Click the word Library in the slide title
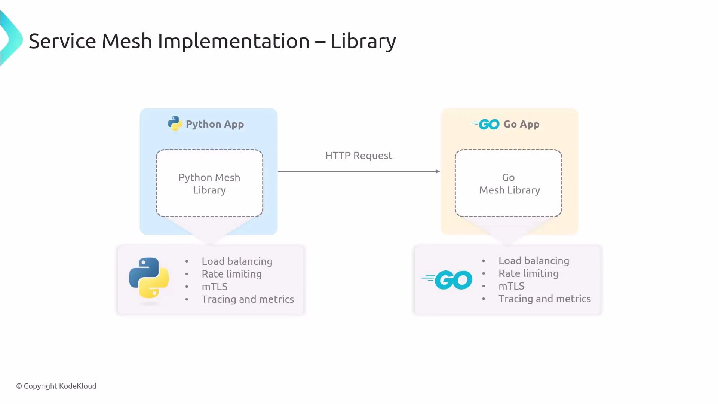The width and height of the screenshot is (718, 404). (363, 41)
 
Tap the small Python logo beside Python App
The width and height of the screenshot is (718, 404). (175, 124)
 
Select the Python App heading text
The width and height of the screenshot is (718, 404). (215, 124)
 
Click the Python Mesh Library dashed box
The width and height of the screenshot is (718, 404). (209, 183)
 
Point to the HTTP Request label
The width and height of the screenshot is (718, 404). (359, 156)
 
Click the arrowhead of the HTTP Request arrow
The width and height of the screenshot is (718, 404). (438, 171)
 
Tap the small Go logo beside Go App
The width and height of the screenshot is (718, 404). (486, 124)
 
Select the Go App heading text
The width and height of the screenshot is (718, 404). (521, 124)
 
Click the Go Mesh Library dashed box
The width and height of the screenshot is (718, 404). (509, 183)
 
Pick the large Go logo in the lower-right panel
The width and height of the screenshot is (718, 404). (448, 280)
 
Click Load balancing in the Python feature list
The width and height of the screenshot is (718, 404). (237, 261)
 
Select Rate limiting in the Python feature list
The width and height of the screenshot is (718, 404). (231, 274)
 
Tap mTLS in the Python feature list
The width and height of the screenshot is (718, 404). (215, 287)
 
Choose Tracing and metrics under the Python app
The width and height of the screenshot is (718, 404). (248, 299)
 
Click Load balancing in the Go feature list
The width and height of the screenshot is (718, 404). (534, 261)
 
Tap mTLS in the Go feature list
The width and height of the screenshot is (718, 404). (511, 286)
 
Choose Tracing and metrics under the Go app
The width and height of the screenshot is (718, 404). (544, 299)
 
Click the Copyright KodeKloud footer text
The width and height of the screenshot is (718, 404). (56, 386)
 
